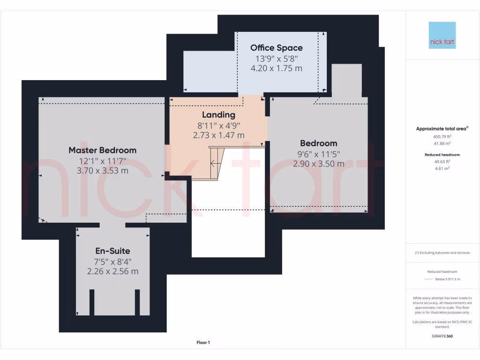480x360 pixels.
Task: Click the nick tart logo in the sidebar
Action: click(442, 35)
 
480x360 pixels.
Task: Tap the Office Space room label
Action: click(276, 48)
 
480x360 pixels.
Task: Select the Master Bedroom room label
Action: click(102, 150)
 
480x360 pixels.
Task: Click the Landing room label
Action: click(218, 115)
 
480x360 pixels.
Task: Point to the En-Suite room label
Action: click(112, 251)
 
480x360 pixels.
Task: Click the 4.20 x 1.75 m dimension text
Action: click(276, 68)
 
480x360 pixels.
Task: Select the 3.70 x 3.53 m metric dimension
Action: click(102, 171)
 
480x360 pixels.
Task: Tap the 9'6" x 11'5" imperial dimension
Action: click(318, 154)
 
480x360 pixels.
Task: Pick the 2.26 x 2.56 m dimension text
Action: click(112, 271)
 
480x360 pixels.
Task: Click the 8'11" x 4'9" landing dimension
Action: click(218, 125)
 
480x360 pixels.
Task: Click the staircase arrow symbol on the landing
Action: click(215, 164)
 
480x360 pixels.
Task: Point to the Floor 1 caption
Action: click(203, 343)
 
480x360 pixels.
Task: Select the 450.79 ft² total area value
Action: click(442, 136)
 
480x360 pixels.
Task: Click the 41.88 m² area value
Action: click(442, 143)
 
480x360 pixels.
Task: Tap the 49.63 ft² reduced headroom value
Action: click(442, 161)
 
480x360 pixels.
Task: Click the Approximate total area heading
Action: click(441, 128)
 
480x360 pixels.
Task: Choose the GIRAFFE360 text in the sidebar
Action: click(442, 336)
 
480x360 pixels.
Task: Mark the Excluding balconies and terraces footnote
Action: click(442, 253)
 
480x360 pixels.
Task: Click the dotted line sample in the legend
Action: click(428, 279)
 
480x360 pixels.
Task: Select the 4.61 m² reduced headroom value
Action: click(442, 168)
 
